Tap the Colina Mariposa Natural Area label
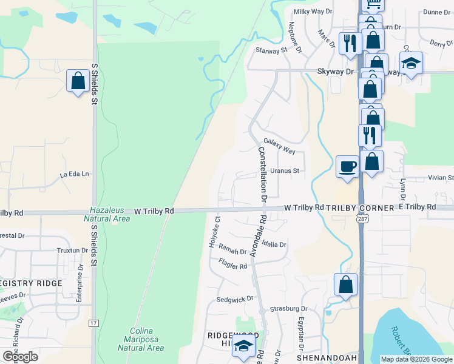[x=140, y=339]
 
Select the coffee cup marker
[x=347, y=166]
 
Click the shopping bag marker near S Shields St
[x=78, y=81]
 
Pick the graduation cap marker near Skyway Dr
[x=411, y=64]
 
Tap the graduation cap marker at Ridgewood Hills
[x=243, y=346]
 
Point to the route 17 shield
[x=93, y=324]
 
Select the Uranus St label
[x=285, y=171]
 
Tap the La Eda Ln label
[x=74, y=174]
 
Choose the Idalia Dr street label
[x=274, y=244]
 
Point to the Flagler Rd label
[x=233, y=263]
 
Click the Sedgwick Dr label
[x=235, y=299]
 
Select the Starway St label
[x=271, y=51]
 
